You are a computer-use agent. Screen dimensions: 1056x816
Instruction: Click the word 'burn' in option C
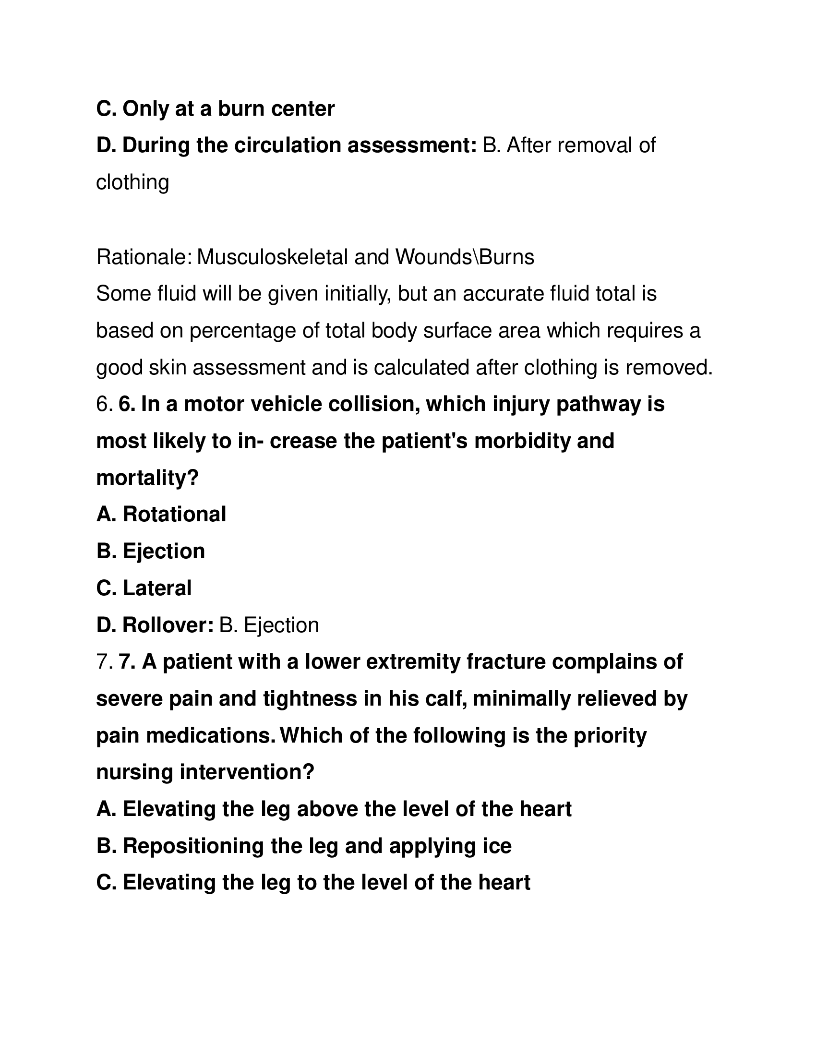coord(241,109)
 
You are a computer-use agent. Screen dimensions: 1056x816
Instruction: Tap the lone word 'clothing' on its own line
coord(132,182)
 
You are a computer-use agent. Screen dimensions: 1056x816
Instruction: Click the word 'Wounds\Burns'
coord(465,257)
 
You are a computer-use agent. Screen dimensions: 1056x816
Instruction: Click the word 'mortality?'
coord(147,478)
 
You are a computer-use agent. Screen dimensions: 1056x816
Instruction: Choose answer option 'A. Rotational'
coord(161,515)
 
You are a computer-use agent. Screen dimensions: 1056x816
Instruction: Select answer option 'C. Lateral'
coord(144,588)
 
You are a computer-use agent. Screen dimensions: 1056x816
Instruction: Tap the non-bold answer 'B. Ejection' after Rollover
coord(269,625)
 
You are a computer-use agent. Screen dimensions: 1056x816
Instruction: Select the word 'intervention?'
coord(247,773)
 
